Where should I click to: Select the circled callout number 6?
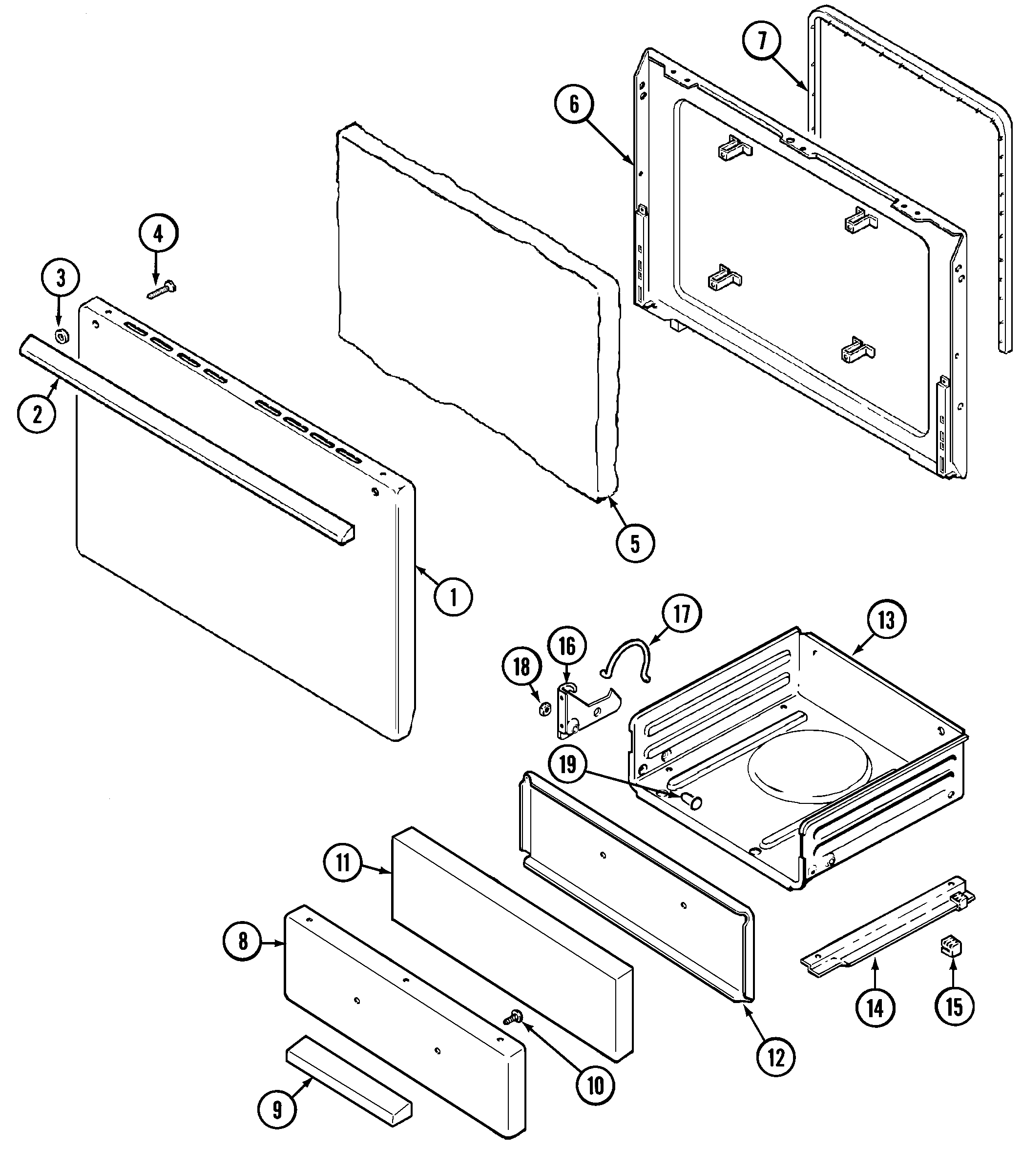[574, 105]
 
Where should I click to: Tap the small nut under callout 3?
[61, 336]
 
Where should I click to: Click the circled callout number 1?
[454, 597]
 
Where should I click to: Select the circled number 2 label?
[37, 414]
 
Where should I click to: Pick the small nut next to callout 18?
[544, 709]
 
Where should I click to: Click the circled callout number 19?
[567, 764]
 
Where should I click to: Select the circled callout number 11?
[342, 863]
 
